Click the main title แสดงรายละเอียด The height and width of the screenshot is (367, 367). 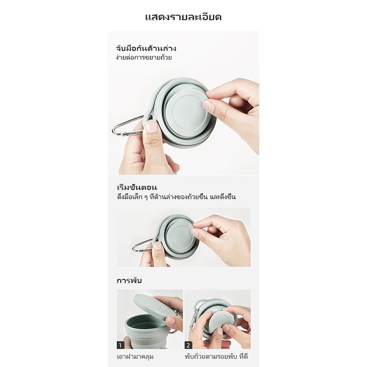(183, 17)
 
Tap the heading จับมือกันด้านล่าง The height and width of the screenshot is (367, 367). (146, 48)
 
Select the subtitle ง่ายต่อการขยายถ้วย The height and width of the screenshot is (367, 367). (144, 57)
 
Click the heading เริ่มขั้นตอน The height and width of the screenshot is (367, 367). (137, 187)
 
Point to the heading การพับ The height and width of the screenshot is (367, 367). (129, 280)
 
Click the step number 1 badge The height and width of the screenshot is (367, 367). (121, 345)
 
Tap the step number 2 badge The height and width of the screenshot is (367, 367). (189, 345)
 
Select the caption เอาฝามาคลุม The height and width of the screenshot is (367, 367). (135, 357)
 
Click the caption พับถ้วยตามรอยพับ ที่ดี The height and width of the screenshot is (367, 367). (216, 356)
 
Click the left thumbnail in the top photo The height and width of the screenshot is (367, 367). (152, 127)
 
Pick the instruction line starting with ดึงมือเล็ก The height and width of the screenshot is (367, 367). (176, 197)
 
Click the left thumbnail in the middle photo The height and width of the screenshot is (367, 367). (158, 246)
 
